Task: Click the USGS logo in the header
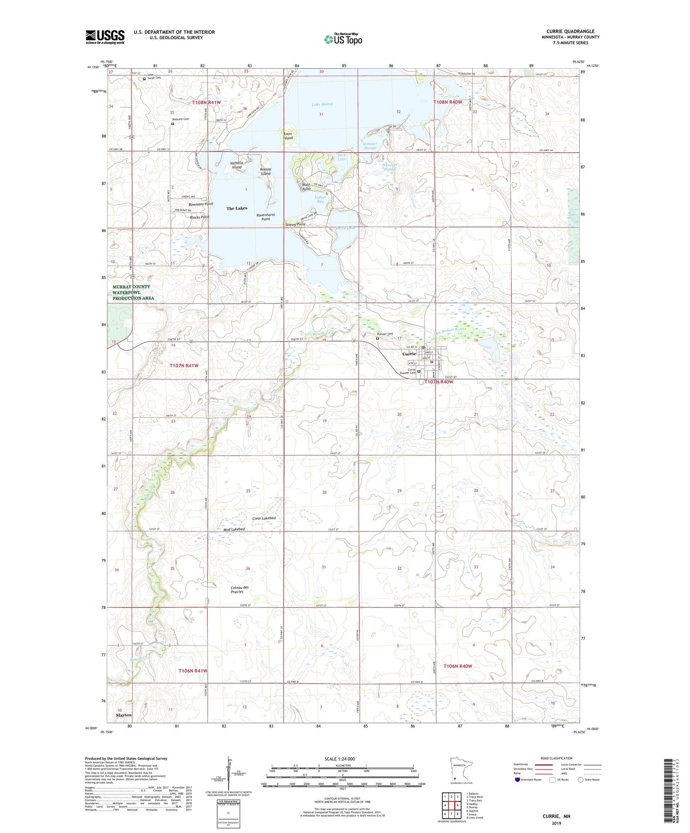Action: pyautogui.click(x=105, y=37)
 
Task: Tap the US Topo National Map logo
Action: pyautogui.click(x=342, y=39)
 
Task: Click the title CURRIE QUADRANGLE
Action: pyautogui.click(x=570, y=31)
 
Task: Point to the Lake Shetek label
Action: pyautogui.click(x=322, y=104)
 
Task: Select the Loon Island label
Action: pyautogui.click(x=288, y=136)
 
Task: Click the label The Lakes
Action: pyautogui.click(x=237, y=208)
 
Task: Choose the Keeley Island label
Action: pyautogui.click(x=265, y=171)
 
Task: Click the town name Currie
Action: pyautogui.click(x=409, y=354)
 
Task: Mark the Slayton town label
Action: pyautogui.click(x=124, y=715)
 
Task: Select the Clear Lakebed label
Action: pyautogui.click(x=264, y=518)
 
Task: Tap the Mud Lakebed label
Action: pyautogui.click(x=234, y=529)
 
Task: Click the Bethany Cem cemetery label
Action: pyautogui.click(x=180, y=119)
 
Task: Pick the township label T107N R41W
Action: pyautogui.click(x=184, y=365)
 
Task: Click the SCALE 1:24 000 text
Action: pyautogui.click(x=340, y=759)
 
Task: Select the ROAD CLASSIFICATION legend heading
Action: pyautogui.click(x=556, y=758)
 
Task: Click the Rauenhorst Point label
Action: pyautogui.click(x=265, y=217)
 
